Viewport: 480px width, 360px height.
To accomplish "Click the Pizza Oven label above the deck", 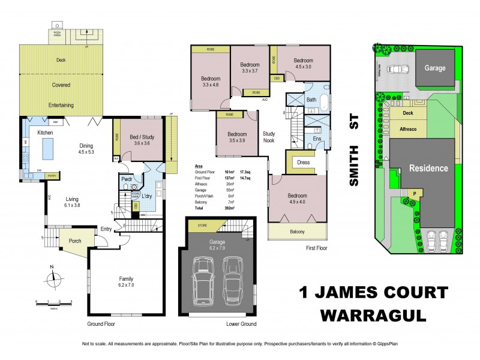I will click(57, 34).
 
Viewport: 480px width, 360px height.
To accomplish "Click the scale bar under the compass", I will click(53, 303).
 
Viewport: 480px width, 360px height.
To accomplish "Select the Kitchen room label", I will click(46, 133).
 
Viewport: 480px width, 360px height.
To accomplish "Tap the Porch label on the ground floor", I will click(74, 241).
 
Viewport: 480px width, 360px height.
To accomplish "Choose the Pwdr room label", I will click(127, 178).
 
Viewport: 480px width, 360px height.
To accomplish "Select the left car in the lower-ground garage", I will click(203, 279).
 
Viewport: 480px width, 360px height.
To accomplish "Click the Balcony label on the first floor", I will click(298, 232).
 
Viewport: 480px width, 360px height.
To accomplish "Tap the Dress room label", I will click(302, 162).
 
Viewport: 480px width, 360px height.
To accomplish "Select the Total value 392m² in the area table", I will click(229, 207).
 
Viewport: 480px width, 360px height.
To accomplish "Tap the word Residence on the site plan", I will click(428, 168).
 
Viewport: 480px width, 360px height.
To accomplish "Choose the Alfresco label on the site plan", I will click(408, 128).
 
